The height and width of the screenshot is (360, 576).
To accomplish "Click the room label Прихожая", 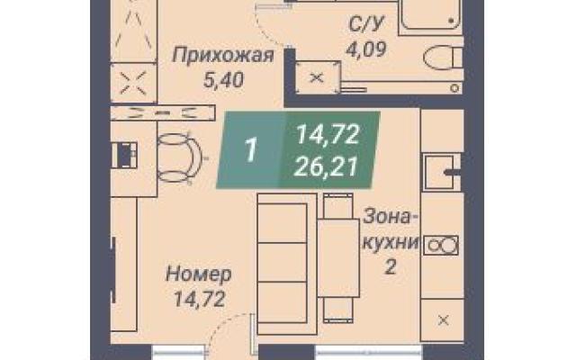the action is click(223, 56).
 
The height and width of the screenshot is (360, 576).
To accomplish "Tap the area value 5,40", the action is click(223, 80).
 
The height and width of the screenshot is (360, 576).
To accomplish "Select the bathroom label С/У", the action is click(366, 24).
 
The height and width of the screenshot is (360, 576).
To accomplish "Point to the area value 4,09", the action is click(366, 49).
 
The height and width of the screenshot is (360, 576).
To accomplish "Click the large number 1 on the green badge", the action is click(251, 150).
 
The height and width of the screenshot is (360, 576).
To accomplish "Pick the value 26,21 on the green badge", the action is click(326, 167).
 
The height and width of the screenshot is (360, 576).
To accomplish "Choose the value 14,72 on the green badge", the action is click(328, 134).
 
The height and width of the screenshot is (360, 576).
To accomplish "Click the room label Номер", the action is click(199, 274).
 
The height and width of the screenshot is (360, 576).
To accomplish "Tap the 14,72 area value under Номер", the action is click(199, 299).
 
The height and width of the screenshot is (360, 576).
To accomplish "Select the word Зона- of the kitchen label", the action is click(391, 217).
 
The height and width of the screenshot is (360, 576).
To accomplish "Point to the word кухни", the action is click(391, 242).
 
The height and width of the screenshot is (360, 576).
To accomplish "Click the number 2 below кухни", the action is click(391, 267).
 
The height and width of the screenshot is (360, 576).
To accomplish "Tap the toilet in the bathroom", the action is click(443, 58).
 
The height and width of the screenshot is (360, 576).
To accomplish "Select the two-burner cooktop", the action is click(441, 245).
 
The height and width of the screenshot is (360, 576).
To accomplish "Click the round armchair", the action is click(179, 158).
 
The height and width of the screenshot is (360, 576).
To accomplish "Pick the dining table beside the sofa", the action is click(338, 258).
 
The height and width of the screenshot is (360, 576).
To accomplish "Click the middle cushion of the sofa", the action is click(283, 262).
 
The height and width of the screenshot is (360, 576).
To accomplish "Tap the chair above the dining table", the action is click(338, 206).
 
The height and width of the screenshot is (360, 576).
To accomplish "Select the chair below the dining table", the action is click(338, 310).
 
